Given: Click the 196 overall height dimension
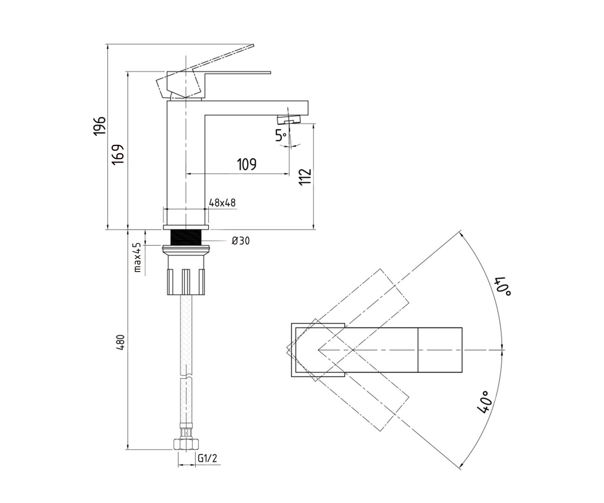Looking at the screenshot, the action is coord(99,125).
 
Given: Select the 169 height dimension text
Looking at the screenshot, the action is coord(118,154).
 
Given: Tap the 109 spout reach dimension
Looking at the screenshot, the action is coord(247,164).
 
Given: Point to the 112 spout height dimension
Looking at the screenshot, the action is coord(305,177).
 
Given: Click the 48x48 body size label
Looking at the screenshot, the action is coord(222,203).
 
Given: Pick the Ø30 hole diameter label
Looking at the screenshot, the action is coord(241,240).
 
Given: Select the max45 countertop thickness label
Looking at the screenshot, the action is coord(137,257).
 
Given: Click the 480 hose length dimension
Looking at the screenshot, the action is coord(121,343).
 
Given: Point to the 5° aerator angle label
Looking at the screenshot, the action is coord(281,135).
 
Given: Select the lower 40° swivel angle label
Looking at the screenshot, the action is coord(485,402).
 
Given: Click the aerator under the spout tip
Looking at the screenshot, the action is coord(289,119).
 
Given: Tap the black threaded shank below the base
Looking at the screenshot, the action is coord(186,237).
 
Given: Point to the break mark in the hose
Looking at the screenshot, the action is coord(186,377).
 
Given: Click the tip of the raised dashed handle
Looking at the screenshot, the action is coord(253,45).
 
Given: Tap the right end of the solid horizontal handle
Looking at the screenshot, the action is coord(270,72).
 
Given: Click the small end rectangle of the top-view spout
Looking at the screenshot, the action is coord(440,350).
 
